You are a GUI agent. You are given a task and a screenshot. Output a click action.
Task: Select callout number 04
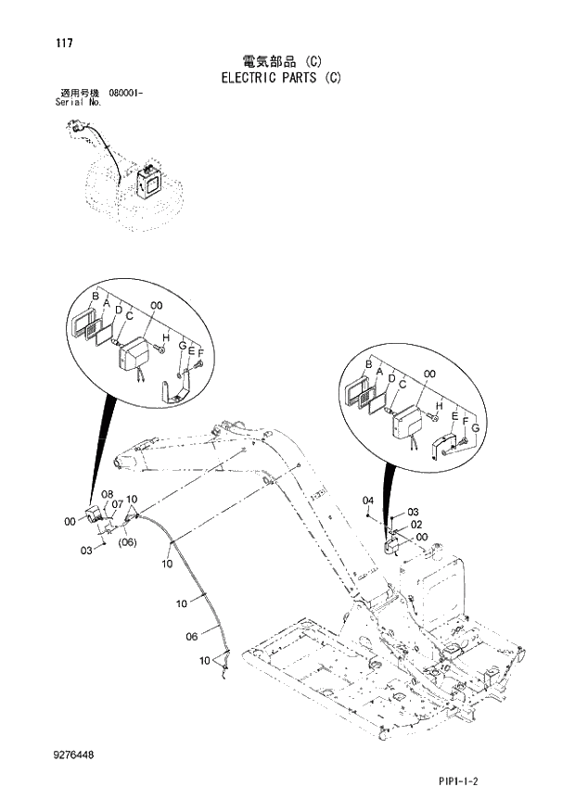tap(368, 501)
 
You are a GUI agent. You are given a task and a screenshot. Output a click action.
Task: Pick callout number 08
tap(108, 494)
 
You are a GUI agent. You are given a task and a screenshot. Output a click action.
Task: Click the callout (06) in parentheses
tap(128, 543)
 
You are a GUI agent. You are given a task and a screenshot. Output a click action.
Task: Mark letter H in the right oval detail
tap(439, 404)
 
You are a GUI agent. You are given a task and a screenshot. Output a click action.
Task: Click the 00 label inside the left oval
tap(156, 305)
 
